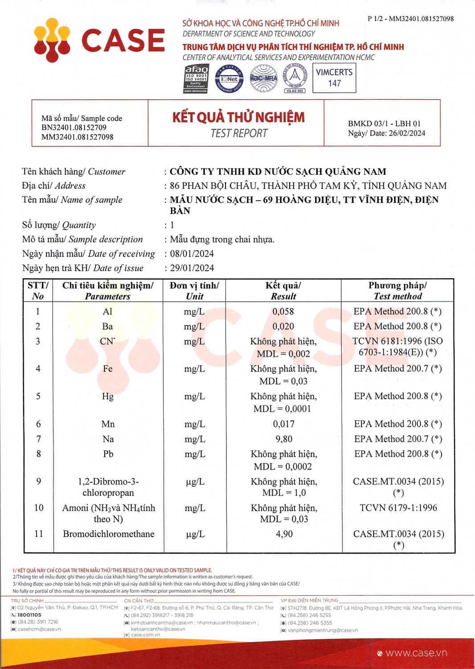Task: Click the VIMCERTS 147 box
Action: (x=334, y=78)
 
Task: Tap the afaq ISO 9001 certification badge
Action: (x=196, y=78)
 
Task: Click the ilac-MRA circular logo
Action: (x=263, y=78)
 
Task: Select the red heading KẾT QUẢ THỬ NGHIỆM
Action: (x=238, y=117)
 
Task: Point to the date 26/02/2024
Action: (x=407, y=133)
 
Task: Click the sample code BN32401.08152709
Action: (x=74, y=128)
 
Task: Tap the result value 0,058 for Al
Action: (x=283, y=311)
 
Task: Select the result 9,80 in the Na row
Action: (x=284, y=439)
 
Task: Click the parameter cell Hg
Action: (x=107, y=396)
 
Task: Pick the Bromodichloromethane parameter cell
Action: (x=109, y=534)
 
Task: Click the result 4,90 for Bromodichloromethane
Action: (x=284, y=534)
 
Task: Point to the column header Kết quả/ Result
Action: (x=283, y=291)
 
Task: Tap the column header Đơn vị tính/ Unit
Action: (x=194, y=291)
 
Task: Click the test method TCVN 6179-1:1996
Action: (x=398, y=508)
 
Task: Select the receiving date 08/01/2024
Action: (x=192, y=254)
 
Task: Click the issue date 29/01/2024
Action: (x=192, y=268)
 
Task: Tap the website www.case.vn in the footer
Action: (x=416, y=653)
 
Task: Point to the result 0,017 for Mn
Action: (x=284, y=424)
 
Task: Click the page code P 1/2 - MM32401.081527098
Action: (x=410, y=19)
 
